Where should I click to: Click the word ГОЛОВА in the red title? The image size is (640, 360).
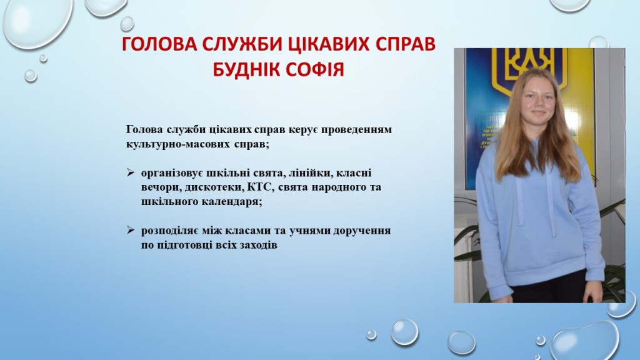pyautogui.click(x=159, y=44)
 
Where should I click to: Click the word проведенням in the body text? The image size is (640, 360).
pyautogui.click(x=356, y=130)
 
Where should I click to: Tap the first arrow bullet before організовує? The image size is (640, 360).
pyautogui.click(x=130, y=172)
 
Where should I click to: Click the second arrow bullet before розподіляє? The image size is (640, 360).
pyautogui.click(x=130, y=230)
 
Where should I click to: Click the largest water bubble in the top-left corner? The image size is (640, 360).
pyautogui.click(x=37, y=20)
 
